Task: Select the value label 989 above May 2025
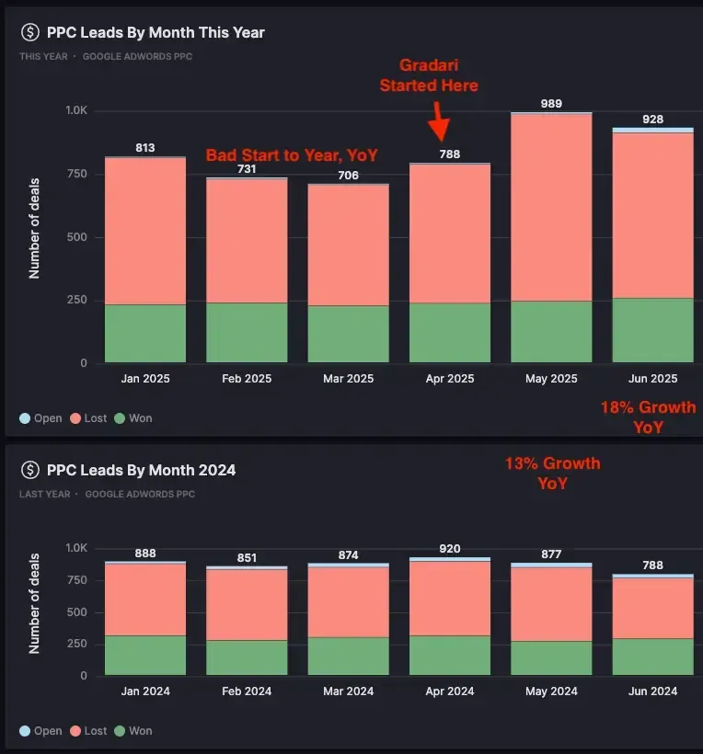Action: coord(551,104)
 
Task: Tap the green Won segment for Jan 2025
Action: coord(145,334)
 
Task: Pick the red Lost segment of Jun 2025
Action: coord(652,215)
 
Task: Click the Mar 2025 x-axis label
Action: coord(348,379)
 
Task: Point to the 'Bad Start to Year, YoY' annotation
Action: coord(292,155)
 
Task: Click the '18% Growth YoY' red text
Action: coord(648,417)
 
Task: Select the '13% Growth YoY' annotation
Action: coord(552,473)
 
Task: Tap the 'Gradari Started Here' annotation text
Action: coord(438,75)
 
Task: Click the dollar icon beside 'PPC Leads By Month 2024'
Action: coord(29,470)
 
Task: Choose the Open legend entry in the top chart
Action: coord(40,418)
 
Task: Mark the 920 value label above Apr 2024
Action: coord(449,549)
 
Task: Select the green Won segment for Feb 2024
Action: coord(247,658)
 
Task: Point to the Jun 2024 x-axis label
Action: coord(652,691)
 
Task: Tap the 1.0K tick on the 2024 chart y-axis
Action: coord(75,548)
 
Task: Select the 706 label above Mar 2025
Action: coord(348,175)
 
